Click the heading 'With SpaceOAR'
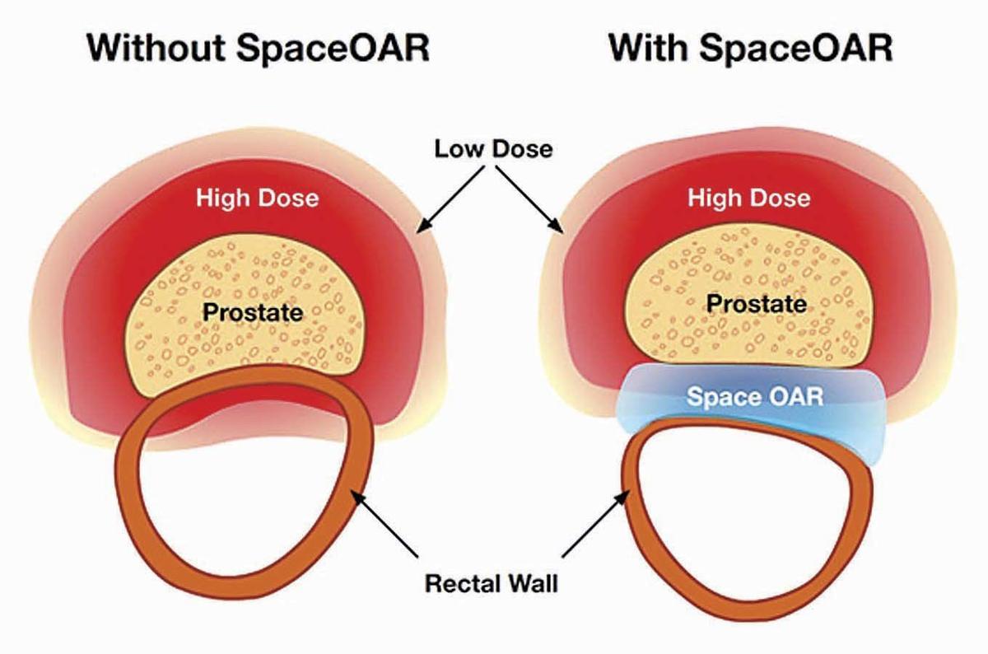750,50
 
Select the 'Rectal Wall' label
492,585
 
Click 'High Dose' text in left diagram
257,198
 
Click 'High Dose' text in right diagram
748,198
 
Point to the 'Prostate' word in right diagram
757,304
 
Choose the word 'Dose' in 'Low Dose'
523,152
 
